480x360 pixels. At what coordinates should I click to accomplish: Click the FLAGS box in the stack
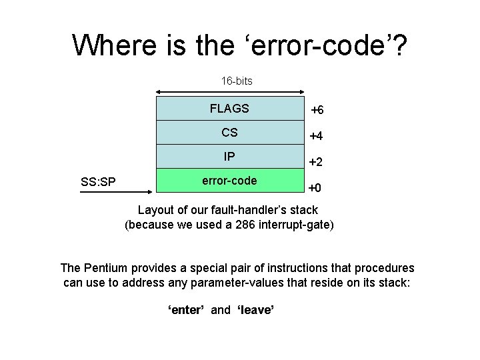(x=229, y=109)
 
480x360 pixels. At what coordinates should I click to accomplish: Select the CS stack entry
(x=229, y=133)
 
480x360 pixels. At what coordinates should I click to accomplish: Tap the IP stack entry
(x=229, y=157)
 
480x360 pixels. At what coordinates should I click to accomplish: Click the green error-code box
(x=229, y=181)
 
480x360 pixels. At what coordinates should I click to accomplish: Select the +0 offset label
(x=315, y=188)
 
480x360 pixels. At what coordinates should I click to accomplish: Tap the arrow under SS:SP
(x=117, y=193)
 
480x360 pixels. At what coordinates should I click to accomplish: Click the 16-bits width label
(x=237, y=81)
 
